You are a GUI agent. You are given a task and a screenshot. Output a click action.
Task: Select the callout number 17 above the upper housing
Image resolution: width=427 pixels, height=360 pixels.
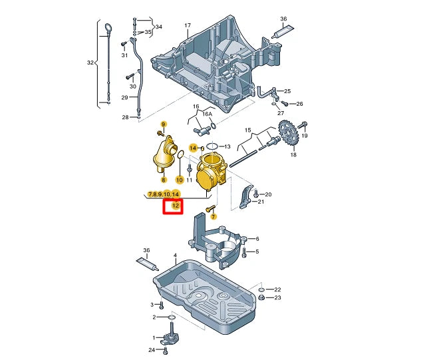point(188,27)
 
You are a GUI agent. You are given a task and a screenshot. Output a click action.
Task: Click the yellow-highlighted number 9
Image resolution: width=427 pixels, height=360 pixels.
point(162,124)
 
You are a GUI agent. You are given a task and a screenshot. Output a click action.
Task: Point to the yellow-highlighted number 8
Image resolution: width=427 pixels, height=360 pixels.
point(162,180)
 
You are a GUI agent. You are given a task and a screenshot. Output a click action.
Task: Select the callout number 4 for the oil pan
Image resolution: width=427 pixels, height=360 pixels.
point(175,255)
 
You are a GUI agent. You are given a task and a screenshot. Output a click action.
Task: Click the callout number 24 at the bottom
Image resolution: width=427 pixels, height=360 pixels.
point(152,349)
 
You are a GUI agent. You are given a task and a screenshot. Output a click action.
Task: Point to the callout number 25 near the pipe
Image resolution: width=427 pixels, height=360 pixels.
point(287,91)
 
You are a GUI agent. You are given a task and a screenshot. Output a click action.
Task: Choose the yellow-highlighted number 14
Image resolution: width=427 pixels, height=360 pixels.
point(194,147)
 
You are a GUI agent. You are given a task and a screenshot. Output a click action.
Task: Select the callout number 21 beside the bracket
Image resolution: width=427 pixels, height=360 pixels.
point(261,202)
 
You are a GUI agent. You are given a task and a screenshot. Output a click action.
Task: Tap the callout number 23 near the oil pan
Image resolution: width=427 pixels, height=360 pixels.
point(277,297)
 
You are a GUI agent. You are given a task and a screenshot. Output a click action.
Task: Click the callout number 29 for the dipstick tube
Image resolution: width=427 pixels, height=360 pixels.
point(124,98)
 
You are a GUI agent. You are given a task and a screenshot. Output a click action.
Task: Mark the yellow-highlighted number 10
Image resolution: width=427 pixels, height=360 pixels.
point(179,180)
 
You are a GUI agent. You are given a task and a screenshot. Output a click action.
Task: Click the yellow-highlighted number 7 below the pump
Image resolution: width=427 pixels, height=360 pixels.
point(213,216)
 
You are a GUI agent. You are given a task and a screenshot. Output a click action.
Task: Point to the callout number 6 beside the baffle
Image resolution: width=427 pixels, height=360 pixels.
point(257,239)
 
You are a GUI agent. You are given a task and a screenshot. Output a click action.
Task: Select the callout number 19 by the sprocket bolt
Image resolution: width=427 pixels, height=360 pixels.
point(305,135)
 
